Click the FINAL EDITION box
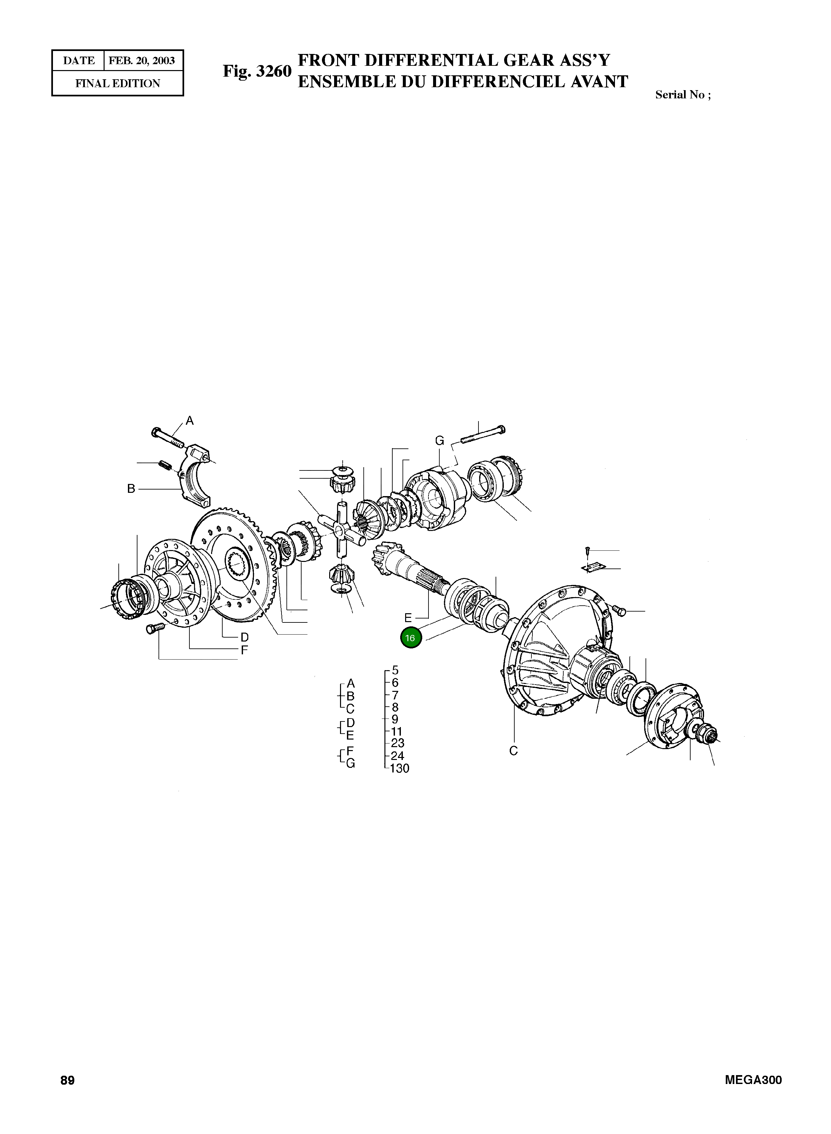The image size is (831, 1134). [118, 84]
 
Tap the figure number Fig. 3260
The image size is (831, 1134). [257, 71]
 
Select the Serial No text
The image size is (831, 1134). [683, 95]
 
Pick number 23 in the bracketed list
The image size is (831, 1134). [397, 743]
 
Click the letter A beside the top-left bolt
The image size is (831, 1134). [190, 420]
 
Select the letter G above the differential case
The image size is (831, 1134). [440, 441]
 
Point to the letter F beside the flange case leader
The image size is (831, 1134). [244, 650]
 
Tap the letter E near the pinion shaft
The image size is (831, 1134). [408, 618]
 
